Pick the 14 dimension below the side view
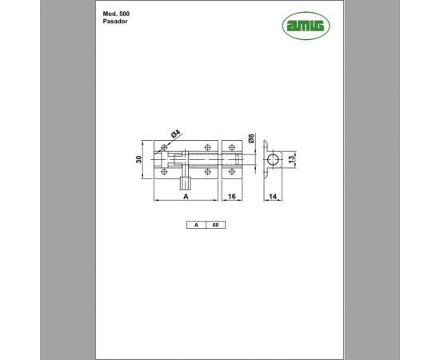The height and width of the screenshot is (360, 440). tap(272, 195)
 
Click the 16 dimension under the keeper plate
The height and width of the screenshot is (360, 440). tap(230, 195)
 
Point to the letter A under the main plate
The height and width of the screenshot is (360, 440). tap(186, 195)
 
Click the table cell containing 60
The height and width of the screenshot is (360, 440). tap(215, 226)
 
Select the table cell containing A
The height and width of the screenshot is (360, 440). tap(196, 226)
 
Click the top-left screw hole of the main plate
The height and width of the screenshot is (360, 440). tap(165, 148)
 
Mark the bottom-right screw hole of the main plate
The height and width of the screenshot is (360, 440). tap(208, 171)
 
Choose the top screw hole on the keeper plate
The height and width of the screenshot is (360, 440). tap(232, 148)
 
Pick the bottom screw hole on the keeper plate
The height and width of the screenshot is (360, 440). tap(232, 171)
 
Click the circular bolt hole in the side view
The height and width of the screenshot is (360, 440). tap(274, 160)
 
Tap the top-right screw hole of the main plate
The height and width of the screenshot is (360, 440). tap(208, 148)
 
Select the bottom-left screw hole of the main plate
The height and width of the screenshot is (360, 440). tap(165, 171)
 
